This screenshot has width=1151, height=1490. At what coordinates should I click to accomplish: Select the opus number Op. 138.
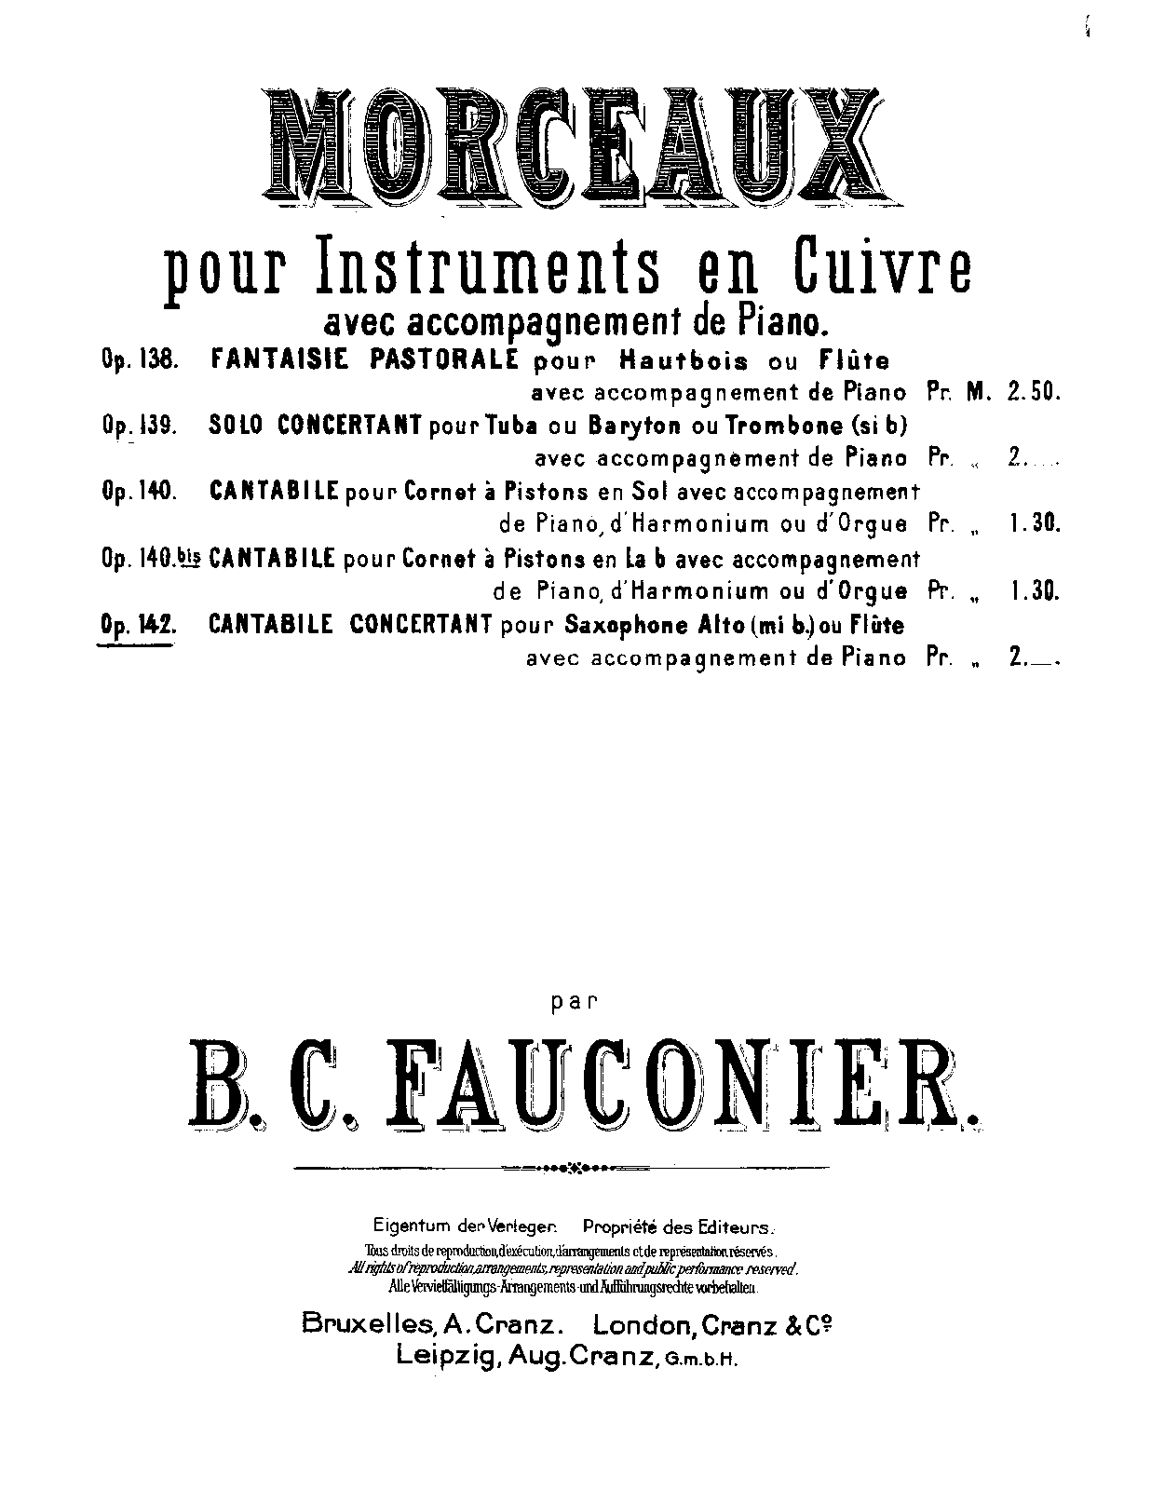137,360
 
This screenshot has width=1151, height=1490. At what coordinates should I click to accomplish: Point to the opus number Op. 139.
137,426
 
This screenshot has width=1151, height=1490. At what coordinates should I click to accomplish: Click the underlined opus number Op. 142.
137,625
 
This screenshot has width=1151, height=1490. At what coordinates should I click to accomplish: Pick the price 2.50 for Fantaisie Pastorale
1033,393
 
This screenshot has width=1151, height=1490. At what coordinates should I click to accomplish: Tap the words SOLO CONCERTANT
312,426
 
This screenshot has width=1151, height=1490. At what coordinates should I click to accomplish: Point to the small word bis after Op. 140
188,557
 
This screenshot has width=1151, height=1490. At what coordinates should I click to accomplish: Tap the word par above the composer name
575,1003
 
